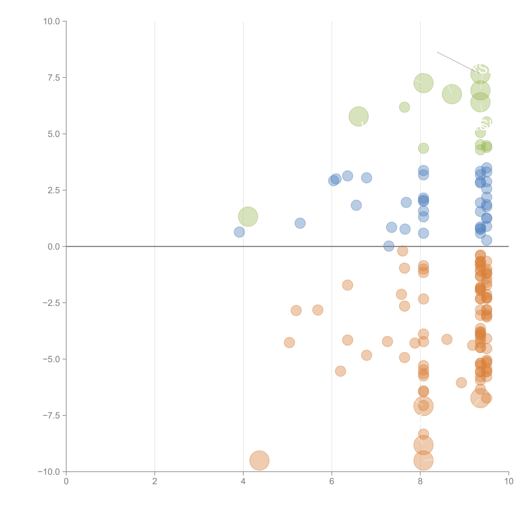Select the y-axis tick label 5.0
tap(54, 134)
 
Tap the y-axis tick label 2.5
tap(54, 190)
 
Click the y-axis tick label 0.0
tap(54, 247)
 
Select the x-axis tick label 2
tap(155, 481)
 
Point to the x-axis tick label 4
tap(243, 481)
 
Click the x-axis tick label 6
tap(332, 481)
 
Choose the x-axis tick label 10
tap(509, 481)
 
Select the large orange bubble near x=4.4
tap(259, 460)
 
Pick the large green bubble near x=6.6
tap(359, 116)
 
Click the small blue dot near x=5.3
tap(300, 223)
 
